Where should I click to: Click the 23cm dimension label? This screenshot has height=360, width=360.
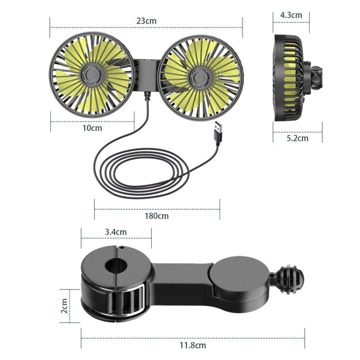pyautogui.click(x=146, y=21)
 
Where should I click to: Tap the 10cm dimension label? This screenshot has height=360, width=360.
pyautogui.click(x=93, y=128)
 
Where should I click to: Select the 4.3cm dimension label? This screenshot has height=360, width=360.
pyautogui.click(x=291, y=15)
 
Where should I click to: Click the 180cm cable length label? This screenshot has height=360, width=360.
pyautogui.click(x=157, y=216)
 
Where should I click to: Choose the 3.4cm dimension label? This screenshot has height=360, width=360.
pyautogui.click(x=116, y=232)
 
